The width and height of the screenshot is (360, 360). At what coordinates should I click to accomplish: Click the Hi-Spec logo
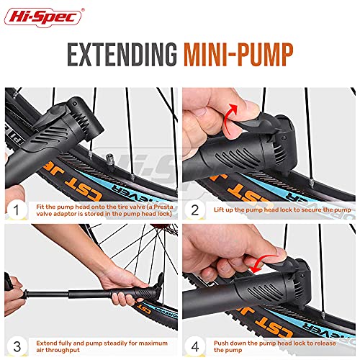click(43, 17)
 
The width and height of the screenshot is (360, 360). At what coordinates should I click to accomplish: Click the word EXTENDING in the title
click(122, 55)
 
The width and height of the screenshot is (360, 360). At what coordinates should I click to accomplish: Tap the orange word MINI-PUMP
click(238, 55)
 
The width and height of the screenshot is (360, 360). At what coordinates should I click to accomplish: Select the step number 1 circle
click(17, 210)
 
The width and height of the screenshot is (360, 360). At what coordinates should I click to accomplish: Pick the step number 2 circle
click(195, 210)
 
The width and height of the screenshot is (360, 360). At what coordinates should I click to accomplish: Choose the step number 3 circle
click(17, 346)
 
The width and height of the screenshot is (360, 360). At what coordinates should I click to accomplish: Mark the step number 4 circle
click(195, 346)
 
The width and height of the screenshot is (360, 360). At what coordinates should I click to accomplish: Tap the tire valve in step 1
click(110, 161)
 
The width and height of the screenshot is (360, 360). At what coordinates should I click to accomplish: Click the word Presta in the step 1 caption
click(163, 207)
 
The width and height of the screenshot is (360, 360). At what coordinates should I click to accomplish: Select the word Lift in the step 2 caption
click(219, 210)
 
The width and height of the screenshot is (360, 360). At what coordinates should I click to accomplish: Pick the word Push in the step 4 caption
click(221, 343)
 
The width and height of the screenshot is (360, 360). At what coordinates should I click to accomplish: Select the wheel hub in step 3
click(166, 228)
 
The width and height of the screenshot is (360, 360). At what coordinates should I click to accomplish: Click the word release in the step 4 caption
click(325, 343)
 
